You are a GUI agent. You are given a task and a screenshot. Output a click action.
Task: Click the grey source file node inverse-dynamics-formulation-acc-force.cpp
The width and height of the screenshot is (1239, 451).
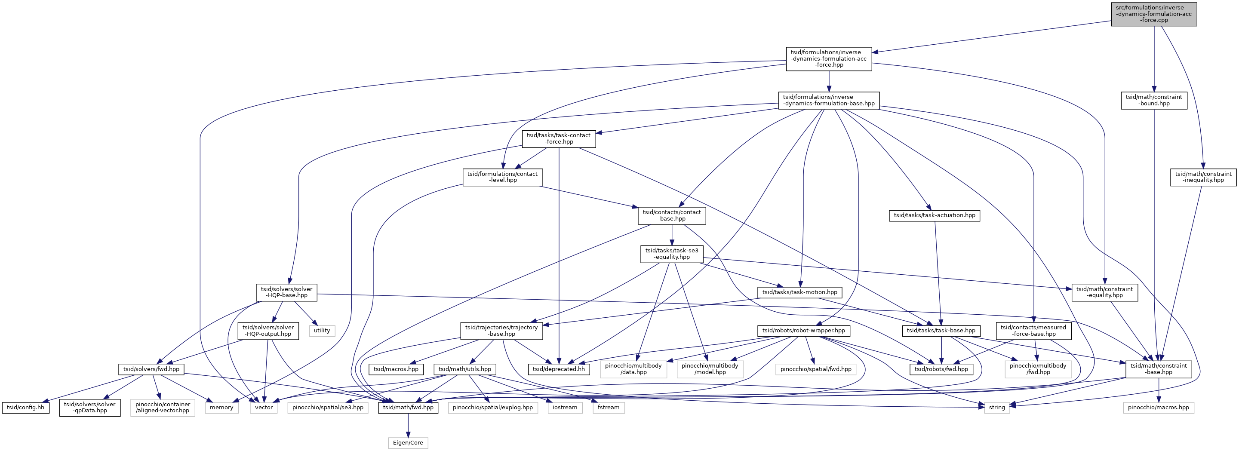pyautogui.click(x=1154, y=14)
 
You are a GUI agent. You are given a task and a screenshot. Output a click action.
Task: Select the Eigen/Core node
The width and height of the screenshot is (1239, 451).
pyautogui.click(x=408, y=442)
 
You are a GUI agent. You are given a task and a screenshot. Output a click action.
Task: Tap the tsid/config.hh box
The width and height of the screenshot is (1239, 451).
pyautogui.click(x=26, y=407)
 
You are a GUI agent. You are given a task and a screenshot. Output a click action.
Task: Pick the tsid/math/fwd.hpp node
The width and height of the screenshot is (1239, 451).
pyautogui.click(x=409, y=407)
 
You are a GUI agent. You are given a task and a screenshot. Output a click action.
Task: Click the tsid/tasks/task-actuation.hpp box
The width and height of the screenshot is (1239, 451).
pyautogui.click(x=935, y=215)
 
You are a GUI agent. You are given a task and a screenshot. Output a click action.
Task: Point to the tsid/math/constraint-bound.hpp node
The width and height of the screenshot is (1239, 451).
pyautogui.click(x=1154, y=100)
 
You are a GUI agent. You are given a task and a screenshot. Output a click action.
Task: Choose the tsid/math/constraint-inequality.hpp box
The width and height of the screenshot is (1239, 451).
pyautogui.click(x=1203, y=177)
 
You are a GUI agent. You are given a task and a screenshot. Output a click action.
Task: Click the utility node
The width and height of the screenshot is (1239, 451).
pyautogui.click(x=322, y=330)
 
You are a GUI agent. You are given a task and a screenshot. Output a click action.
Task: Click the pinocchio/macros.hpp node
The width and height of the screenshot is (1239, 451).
pyautogui.click(x=1158, y=407)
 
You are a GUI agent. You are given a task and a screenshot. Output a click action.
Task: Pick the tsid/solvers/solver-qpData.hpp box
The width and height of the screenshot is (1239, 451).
pyautogui.click(x=90, y=407)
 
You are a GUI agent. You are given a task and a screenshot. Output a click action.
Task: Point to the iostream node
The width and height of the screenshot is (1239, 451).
pyautogui.click(x=565, y=407)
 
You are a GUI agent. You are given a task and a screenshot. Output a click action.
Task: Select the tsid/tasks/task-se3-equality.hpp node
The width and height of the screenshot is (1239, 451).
pyautogui.click(x=672, y=254)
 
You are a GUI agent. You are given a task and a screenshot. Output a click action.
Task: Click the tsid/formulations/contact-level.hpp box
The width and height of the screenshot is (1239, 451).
pyautogui.click(x=503, y=177)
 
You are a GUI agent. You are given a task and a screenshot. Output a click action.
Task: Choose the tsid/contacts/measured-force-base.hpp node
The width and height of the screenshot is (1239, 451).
pyautogui.click(x=1033, y=330)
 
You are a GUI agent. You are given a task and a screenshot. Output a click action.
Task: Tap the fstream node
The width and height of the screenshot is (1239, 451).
pyautogui.click(x=609, y=407)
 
